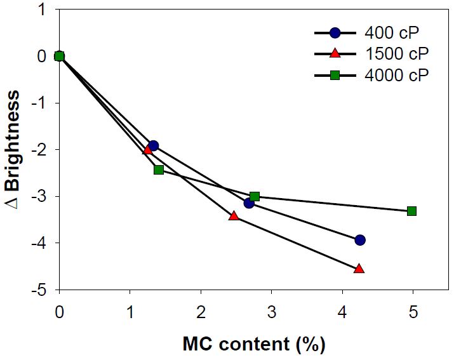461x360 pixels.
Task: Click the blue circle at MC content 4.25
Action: [360, 240]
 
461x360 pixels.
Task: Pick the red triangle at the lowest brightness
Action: [359, 269]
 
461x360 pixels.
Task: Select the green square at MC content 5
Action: [411, 211]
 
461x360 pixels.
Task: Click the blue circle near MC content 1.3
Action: [153, 145]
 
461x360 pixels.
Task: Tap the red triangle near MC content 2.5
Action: [234, 216]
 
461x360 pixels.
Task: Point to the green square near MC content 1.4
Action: [159, 170]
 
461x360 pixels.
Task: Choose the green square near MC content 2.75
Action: [254, 196]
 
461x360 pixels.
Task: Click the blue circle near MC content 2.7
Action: [249, 203]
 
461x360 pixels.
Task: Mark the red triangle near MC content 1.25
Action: [148, 149]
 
